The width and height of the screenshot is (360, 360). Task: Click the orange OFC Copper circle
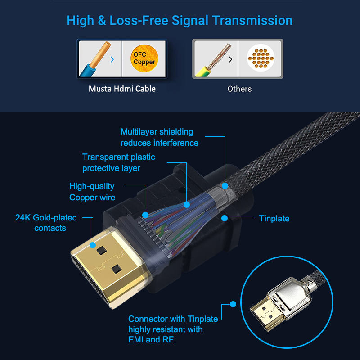pos(144,58)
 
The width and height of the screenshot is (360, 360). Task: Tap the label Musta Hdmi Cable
pos(122,89)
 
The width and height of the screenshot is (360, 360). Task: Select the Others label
pos(239,89)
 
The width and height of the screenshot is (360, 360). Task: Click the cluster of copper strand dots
pos(260,59)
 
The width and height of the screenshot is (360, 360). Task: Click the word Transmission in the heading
pos(252,20)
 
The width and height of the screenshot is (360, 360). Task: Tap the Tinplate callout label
pos(274,219)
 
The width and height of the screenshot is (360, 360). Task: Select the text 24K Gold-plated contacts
pos(46,223)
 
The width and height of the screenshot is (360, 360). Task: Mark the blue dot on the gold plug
pos(93,245)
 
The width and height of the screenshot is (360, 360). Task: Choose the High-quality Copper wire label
pos(92,192)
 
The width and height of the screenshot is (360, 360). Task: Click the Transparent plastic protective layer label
pos(118,162)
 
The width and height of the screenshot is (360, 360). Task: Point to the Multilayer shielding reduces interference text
pos(159,137)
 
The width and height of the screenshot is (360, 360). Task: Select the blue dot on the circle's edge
pos(233,304)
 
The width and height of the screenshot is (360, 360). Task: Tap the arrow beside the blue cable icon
pos(112,59)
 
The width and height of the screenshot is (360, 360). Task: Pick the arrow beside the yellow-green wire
pos(230,59)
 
